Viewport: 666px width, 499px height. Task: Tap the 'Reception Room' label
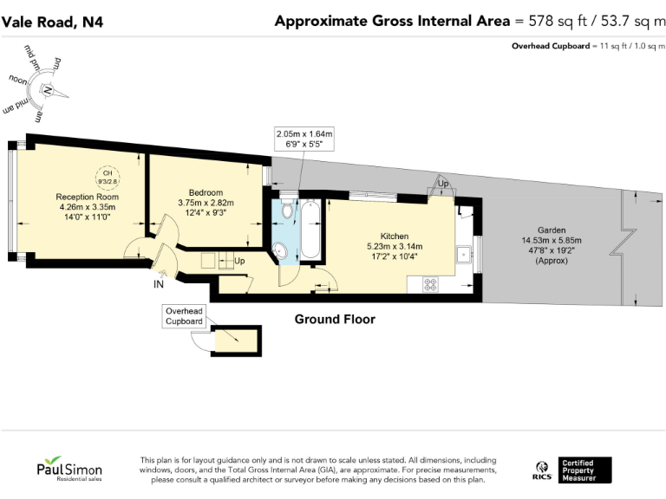tap(88, 197)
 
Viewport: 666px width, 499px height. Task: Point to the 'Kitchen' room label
tap(395, 235)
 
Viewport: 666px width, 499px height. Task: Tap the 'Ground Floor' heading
tap(335, 320)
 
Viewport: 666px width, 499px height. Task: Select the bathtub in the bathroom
tap(310, 230)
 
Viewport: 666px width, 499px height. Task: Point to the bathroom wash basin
tap(282, 251)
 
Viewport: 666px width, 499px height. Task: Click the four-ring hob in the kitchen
tap(431, 283)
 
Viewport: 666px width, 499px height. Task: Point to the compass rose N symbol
tap(49, 90)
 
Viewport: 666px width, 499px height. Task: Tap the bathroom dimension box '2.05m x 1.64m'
tap(304, 139)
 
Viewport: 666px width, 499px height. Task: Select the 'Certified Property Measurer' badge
tap(584, 470)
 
